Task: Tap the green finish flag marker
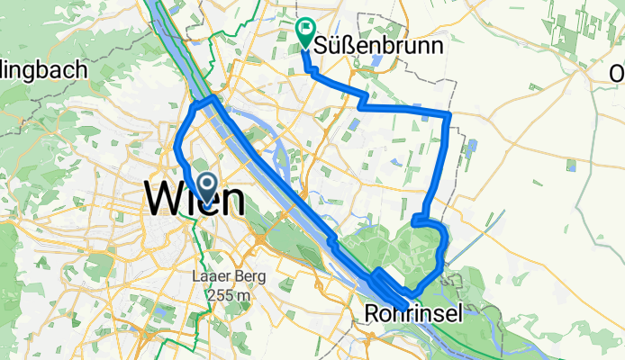[x=304, y=33]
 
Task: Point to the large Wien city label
[x=194, y=197]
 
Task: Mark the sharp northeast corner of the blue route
[x=448, y=114]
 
